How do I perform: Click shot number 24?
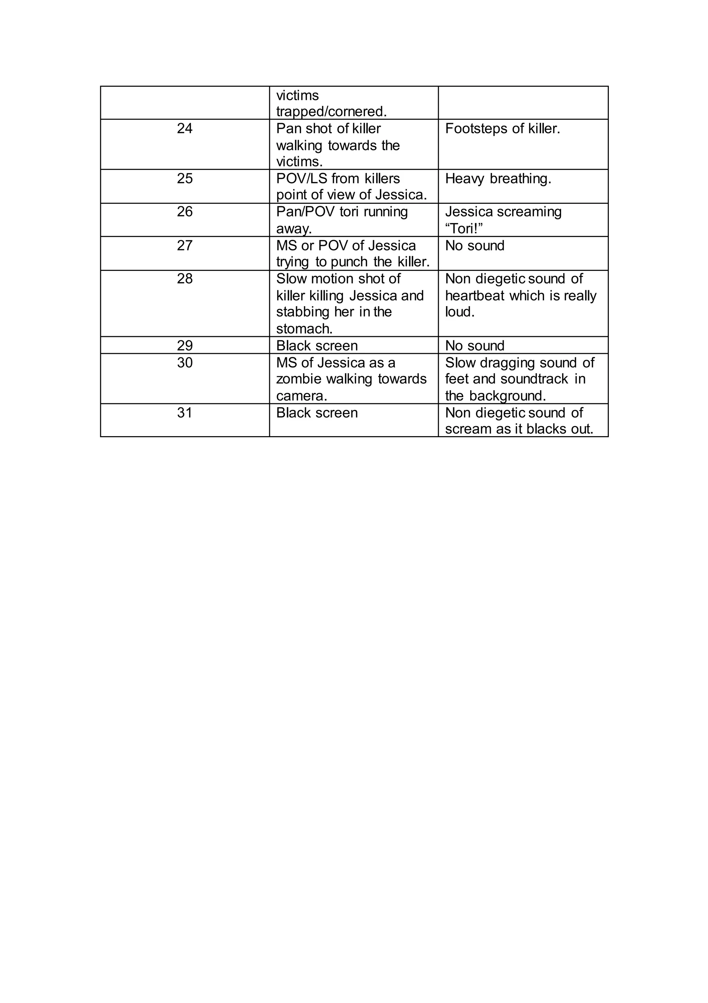click(x=184, y=128)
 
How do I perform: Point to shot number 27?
click(x=184, y=246)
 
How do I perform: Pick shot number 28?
click(x=184, y=279)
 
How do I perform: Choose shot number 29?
click(x=184, y=346)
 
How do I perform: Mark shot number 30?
click(x=184, y=362)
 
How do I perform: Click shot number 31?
click(x=184, y=413)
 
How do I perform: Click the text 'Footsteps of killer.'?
click(x=502, y=128)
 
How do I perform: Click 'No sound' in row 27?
click(x=474, y=246)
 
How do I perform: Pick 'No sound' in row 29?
click(x=474, y=346)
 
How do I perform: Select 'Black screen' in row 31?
click(x=317, y=413)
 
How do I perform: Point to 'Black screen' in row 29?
click(x=317, y=346)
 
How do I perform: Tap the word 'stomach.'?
click(x=304, y=329)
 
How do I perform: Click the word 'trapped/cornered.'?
click(x=331, y=112)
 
